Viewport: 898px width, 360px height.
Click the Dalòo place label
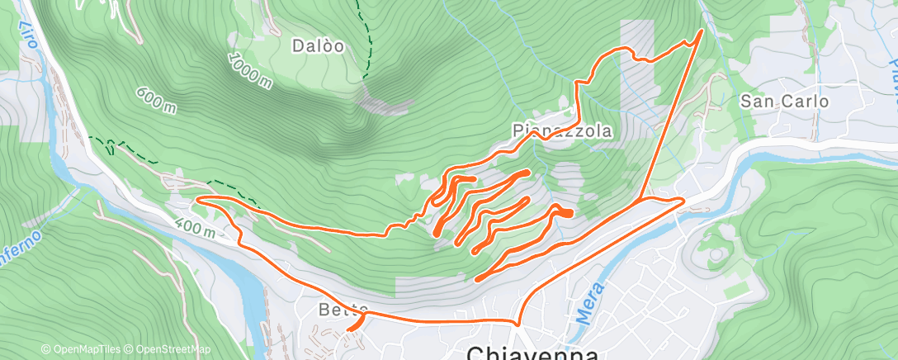317,45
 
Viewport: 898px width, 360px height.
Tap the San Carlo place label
784,102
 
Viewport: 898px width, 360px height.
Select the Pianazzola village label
562,130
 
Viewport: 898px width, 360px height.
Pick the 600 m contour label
157,96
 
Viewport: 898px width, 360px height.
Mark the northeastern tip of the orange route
702,31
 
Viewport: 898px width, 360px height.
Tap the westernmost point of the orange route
196,198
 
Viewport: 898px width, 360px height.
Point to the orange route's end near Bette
348,329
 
